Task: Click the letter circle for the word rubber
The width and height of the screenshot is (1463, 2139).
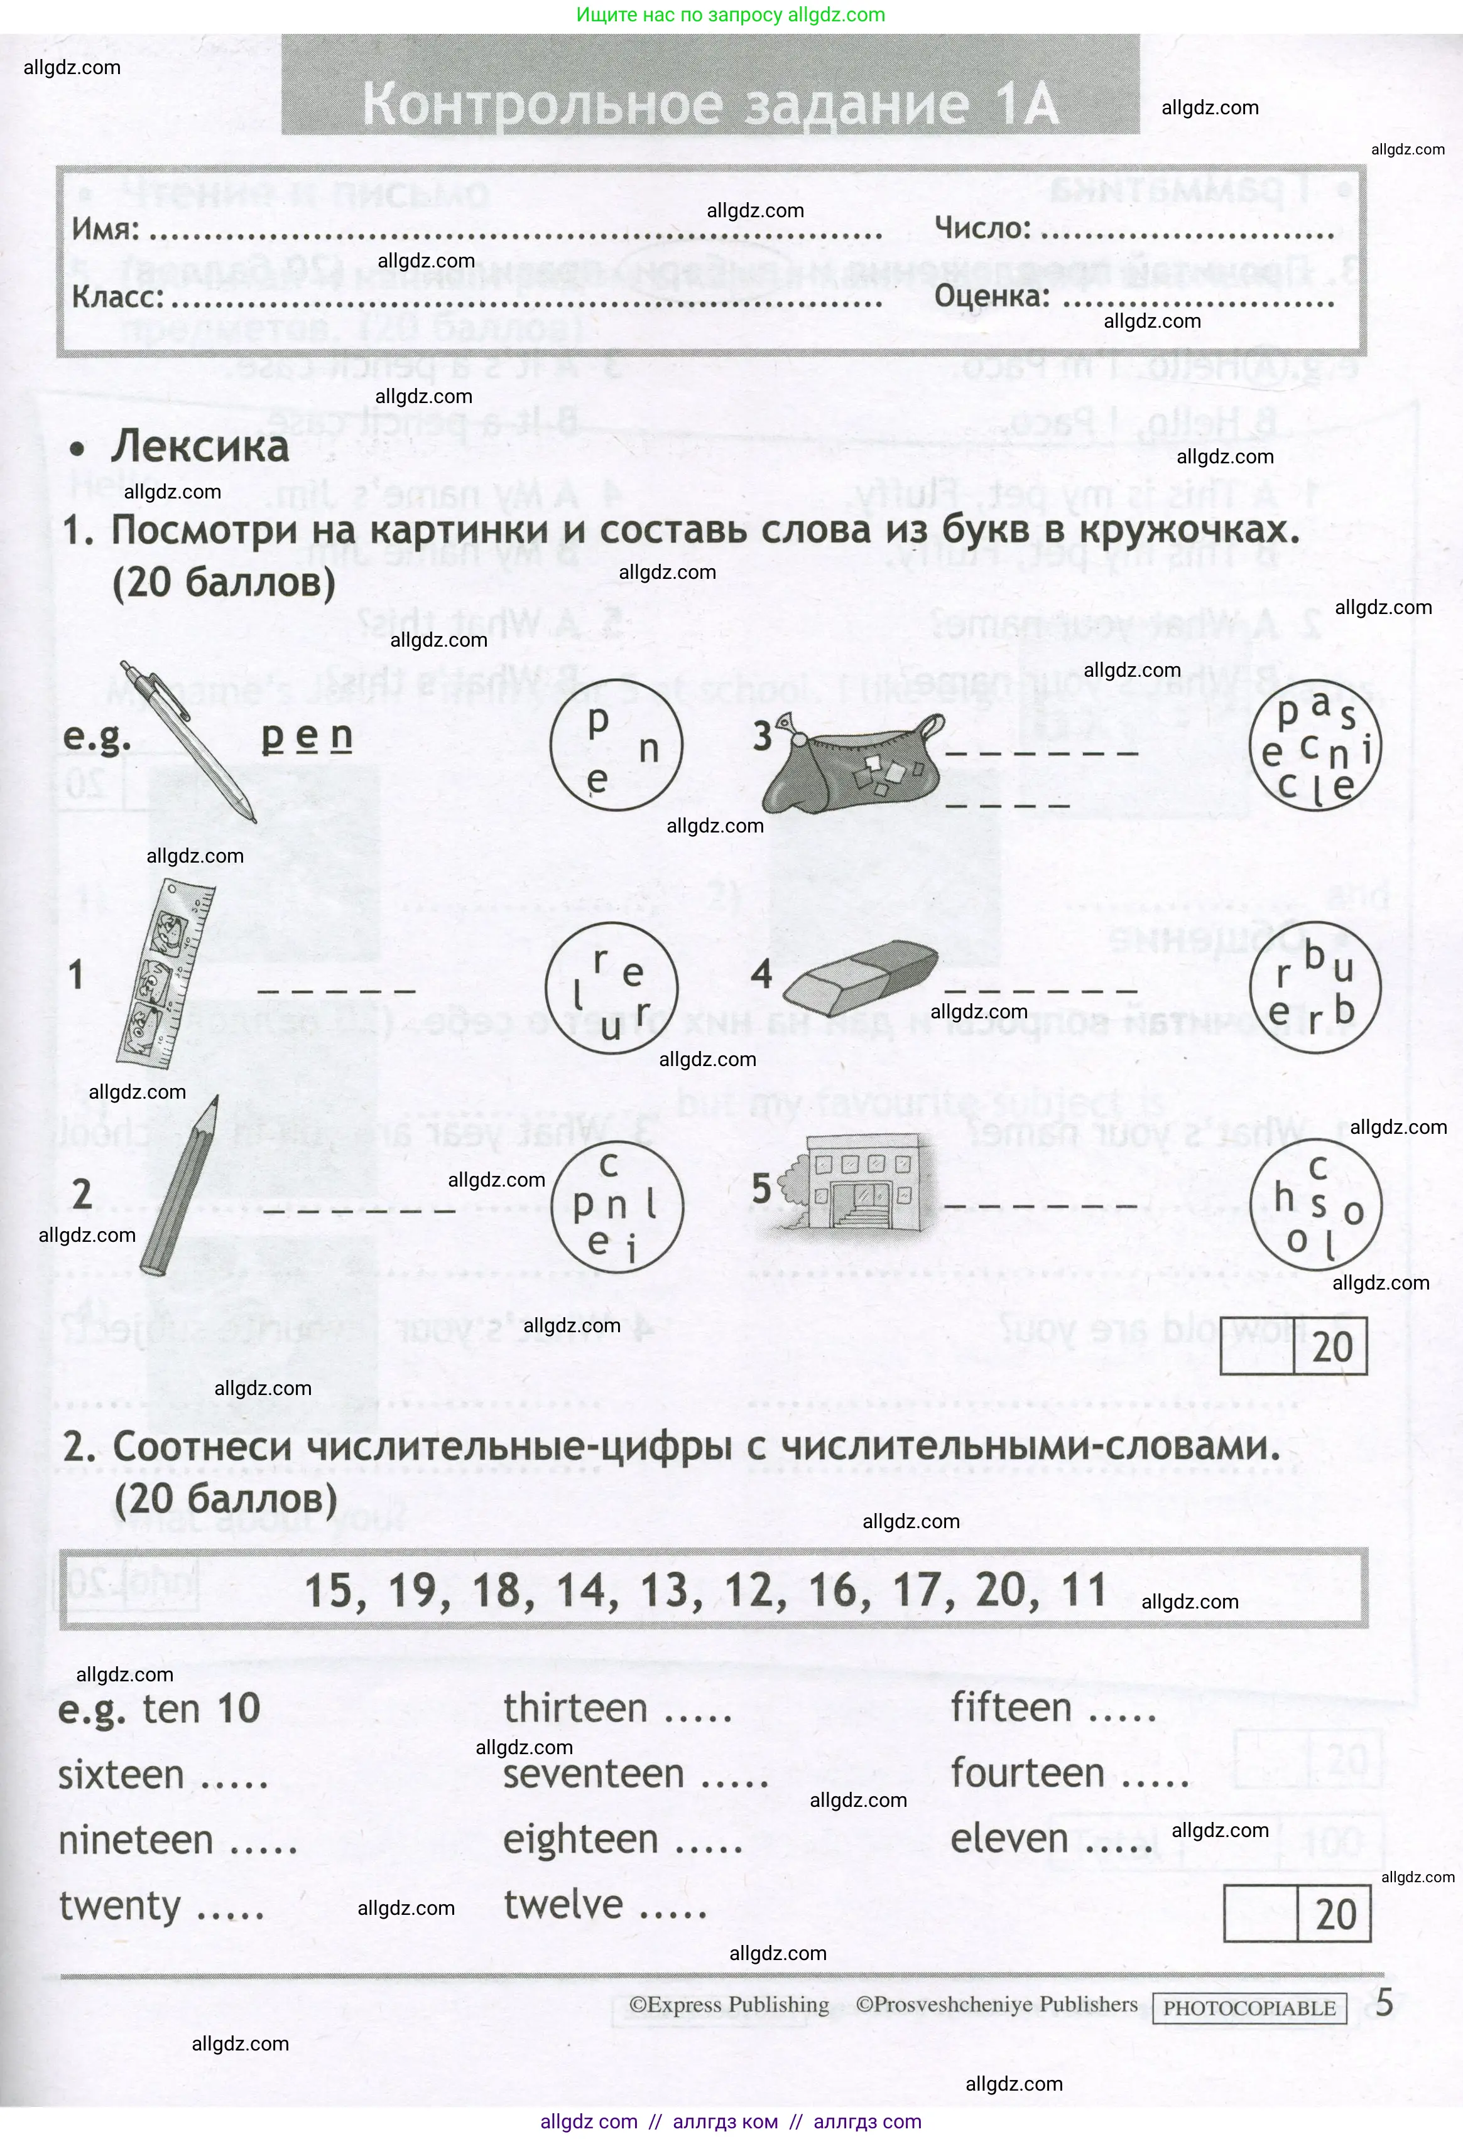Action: point(1315,988)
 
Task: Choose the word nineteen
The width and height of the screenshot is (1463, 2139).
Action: point(136,1840)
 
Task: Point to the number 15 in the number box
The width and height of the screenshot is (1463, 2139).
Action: point(329,1590)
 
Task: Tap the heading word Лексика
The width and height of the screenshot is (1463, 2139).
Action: point(200,446)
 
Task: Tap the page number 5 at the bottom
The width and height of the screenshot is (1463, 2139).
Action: point(1384,2003)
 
